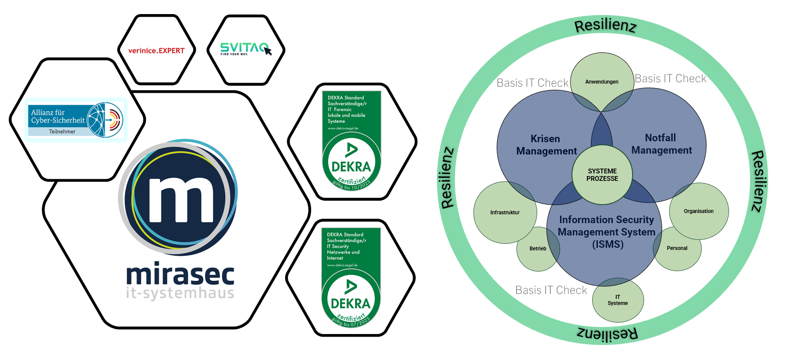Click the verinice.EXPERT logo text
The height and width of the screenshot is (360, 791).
156,51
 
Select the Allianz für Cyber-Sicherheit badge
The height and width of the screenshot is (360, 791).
75,120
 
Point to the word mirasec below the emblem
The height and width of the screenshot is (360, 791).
180,275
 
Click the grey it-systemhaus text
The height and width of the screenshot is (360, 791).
180,293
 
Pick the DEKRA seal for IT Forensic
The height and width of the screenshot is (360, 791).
352,141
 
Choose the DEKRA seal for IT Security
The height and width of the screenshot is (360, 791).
351,277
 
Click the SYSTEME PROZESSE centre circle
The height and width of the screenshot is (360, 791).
602,175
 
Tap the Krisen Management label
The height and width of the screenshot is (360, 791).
546,145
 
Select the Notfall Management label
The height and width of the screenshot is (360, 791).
661,144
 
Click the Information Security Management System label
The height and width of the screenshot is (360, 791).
607,232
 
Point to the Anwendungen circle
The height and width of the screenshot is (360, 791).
601,81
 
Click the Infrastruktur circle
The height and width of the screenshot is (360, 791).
505,212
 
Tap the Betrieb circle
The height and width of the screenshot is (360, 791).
537,249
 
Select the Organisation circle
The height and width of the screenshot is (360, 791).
699,211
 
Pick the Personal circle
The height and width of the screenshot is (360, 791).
677,248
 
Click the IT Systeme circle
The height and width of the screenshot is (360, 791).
618,300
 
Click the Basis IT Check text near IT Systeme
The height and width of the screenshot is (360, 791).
551,290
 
